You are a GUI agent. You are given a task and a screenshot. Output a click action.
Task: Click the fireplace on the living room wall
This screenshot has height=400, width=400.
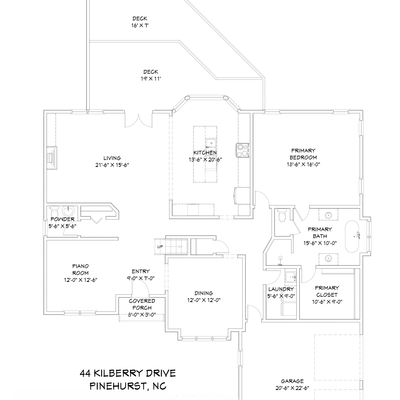pos(52,158)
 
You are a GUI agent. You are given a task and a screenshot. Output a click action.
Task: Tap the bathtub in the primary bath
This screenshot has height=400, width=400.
pos(352,236)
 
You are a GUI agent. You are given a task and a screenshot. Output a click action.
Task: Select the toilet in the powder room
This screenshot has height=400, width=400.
pos(54,212)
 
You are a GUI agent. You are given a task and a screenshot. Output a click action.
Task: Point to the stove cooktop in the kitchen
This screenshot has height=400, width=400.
pos(242,150)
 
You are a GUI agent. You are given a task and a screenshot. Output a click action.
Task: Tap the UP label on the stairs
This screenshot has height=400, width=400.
pos(160,247)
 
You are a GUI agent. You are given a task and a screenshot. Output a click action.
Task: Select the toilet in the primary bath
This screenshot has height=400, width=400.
pos(282,215)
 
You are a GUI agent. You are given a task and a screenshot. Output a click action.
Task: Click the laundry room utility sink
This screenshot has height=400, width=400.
pos(290,277)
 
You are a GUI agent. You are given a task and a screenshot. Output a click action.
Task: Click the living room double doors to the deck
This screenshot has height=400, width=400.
pos(139,121)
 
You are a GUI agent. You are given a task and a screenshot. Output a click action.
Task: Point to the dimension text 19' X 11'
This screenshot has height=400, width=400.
pos(151,79)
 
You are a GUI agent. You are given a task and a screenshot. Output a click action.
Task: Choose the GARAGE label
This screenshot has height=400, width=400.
pos(292,381)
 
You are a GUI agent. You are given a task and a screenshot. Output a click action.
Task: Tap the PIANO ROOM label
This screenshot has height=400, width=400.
pos(81,270)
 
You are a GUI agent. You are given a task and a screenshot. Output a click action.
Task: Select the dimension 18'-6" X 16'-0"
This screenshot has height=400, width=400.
pos(303,165)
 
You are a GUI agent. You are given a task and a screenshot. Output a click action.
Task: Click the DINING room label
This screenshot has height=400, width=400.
pos(203,293)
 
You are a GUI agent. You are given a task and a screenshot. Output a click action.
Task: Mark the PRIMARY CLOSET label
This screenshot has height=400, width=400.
pos(327,291)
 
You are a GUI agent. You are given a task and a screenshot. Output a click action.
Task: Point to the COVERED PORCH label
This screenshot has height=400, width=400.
pos(142,304)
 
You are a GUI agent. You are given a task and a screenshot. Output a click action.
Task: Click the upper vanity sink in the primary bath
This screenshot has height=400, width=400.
pos(328,214)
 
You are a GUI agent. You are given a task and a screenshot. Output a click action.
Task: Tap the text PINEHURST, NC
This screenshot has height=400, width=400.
pos(128,386)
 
